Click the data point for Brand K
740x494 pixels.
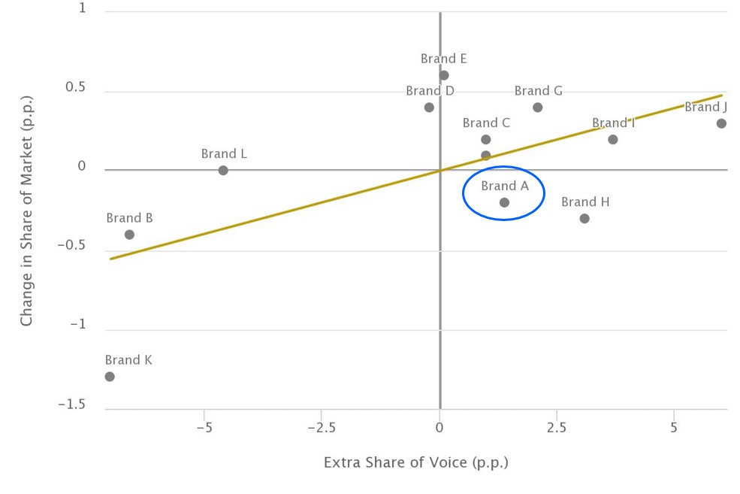pos(110,376)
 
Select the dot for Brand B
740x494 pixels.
pos(129,235)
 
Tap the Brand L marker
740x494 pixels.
pos(223,171)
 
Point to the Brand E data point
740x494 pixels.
pos(444,75)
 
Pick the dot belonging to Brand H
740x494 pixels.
pos(584,219)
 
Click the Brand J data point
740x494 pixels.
pos(721,123)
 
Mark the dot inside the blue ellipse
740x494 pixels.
pos(504,202)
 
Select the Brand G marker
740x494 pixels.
pos(538,108)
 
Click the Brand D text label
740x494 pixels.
pos(430,91)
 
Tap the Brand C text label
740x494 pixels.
pos(486,123)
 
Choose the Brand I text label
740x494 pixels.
pos(613,123)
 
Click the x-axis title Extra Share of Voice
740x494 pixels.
pos(415,462)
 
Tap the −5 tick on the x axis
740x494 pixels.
pos(204,427)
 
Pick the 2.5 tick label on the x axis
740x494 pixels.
pos(557,427)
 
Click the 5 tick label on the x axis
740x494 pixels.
pos(674,427)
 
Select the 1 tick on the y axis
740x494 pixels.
pos(82,9)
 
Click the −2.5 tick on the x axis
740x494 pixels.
pos(321,427)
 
